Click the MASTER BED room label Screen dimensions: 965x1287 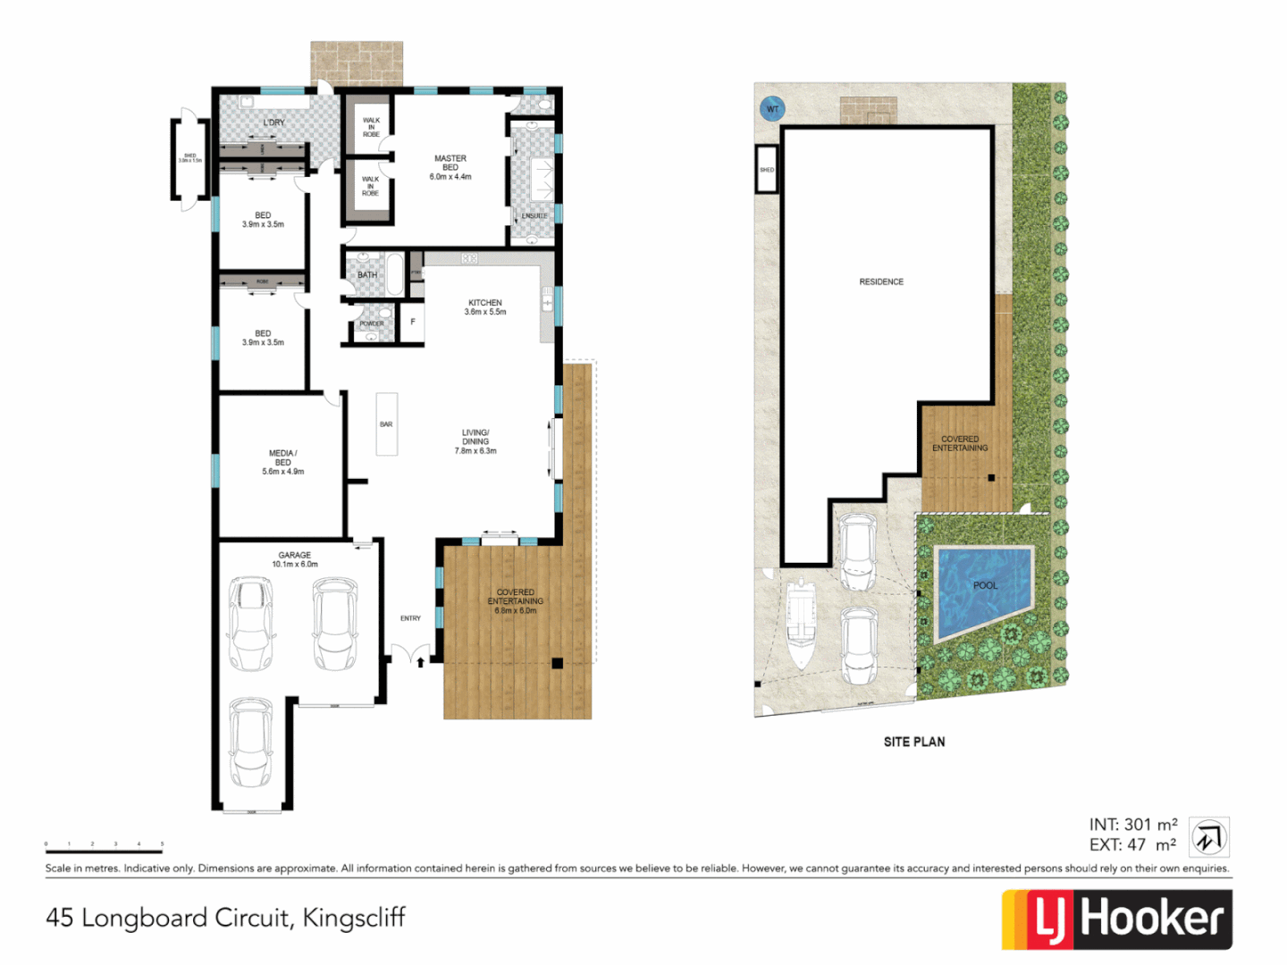[450, 167]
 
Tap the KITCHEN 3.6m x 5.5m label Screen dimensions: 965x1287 [485, 307]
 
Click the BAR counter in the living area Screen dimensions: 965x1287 [386, 424]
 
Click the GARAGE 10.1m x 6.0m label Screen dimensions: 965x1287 [295, 559]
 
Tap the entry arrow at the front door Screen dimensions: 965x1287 [421, 662]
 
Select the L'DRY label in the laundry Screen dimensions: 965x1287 [273, 122]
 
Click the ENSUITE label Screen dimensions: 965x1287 [534, 216]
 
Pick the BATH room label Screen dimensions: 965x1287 [367, 275]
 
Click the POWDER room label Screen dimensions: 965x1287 [372, 323]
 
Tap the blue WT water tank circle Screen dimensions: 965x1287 [772, 110]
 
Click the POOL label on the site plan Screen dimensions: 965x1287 [985, 585]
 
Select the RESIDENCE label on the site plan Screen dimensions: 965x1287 [881, 281]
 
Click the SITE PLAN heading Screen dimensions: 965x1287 [913, 742]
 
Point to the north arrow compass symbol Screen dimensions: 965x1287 [1209, 838]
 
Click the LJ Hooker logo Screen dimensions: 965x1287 [1117, 919]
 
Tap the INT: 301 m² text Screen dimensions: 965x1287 [1132, 825]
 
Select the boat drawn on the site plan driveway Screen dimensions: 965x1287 [801, 624]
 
